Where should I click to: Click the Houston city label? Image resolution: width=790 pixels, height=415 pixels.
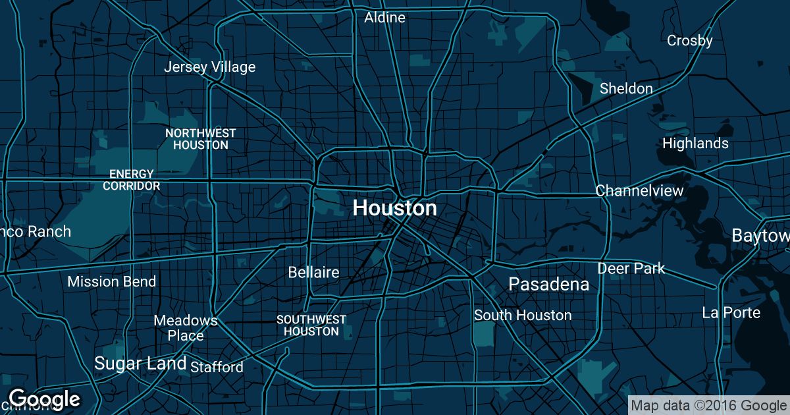point(394,208)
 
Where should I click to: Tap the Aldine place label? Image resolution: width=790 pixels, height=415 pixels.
point(384,18)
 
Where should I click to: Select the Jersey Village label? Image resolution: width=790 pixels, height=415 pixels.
point(209,67)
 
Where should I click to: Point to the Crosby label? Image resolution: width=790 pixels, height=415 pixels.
point(689,41)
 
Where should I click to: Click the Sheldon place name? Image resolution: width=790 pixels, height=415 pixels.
point(626,88)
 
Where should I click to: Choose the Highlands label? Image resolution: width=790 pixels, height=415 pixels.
point(695,143)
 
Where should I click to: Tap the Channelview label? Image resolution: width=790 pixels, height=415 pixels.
point(639,191)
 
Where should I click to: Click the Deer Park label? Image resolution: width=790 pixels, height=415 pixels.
point(631,269)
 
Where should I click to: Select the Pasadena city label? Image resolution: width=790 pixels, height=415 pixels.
point(548,285)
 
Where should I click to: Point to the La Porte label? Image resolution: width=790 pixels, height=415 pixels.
point(731,313)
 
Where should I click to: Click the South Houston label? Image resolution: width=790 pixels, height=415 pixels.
point(523,316)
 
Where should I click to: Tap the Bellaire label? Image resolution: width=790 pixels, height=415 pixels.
point(313,272)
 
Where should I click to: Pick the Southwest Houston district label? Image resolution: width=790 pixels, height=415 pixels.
point(311,325)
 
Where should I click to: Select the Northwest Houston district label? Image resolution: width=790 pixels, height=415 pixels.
point(200,139)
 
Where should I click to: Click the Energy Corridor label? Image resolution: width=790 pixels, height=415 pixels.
point(132,180)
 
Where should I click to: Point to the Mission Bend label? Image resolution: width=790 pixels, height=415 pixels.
point(112,282)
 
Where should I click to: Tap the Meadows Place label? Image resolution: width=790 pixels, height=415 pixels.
point(185,328)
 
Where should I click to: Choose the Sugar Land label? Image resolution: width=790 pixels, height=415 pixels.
point(140,363)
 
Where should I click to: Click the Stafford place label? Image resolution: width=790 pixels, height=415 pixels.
point(217,367)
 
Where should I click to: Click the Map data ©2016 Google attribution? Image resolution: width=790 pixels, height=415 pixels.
point(708,405)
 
